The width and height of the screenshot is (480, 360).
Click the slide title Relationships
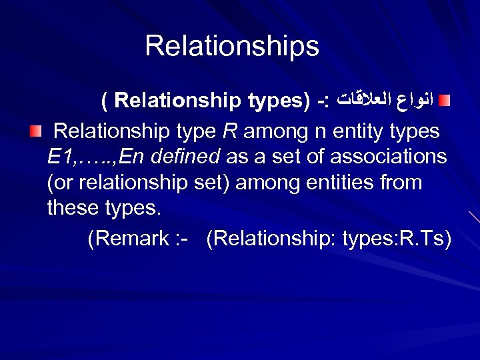[x=232, y=46]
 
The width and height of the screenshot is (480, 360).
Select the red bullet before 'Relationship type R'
[x=35, y=131]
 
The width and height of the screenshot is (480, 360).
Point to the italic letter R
[x=230, y=131]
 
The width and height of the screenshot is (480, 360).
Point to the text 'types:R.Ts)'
[x=397, y=239]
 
